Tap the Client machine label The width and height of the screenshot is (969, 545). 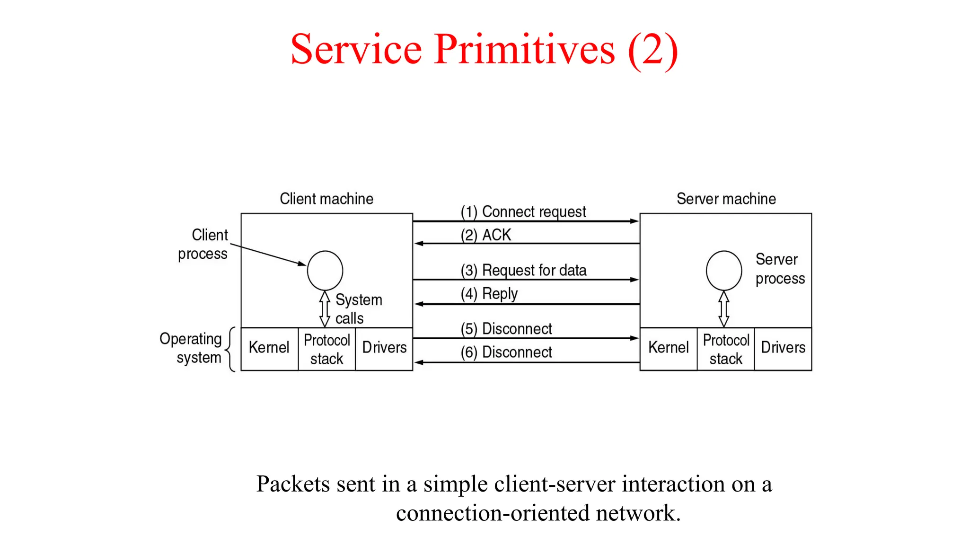coord(326,199)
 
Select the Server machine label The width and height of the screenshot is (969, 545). coord(726,199)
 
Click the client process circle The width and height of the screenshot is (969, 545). coord(325,271)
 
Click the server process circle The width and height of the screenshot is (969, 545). coord(724,271)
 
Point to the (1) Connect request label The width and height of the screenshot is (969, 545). coord(523,211)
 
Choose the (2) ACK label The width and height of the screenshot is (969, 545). coord(486,235)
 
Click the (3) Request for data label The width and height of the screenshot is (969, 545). coord(523,270)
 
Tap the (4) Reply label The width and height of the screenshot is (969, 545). coord(489,294)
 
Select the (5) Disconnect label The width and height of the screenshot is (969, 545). coord(506,329)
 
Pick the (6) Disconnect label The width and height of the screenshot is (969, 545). coord(506,352)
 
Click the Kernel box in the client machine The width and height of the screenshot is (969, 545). coord(269,348)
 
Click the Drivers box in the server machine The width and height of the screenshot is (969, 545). coord(783,348)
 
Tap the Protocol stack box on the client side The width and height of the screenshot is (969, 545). coord(326,349)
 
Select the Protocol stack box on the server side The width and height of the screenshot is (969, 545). coord(726,349)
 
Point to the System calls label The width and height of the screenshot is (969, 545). coord(358,309)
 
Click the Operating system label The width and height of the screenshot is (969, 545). coord(192,348)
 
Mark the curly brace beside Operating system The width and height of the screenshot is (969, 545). coord(230,349)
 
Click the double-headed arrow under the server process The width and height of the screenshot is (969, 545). coord(724,309)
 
